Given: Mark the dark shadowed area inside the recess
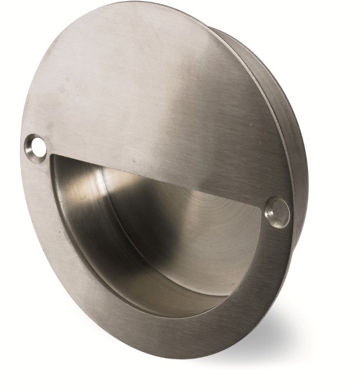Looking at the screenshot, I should click(84, 223).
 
